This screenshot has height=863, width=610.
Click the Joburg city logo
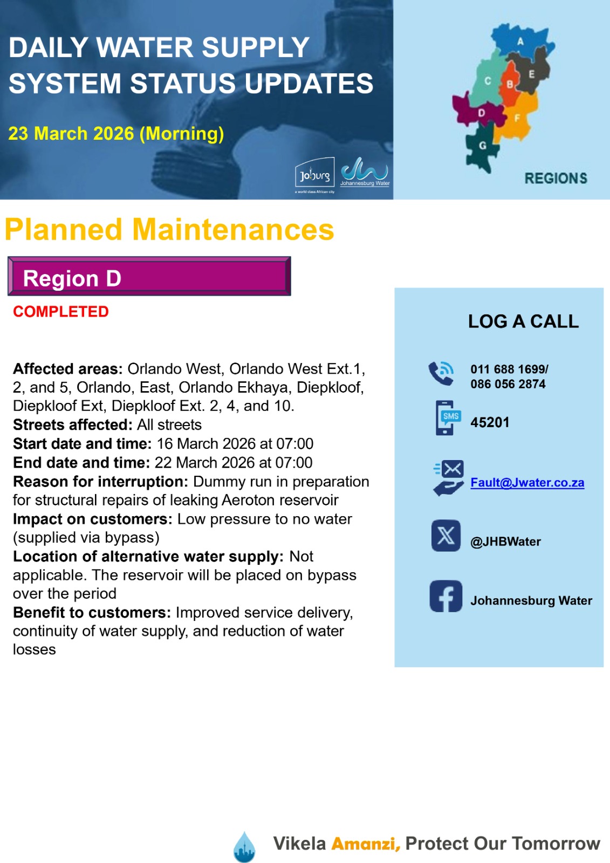(315, 174)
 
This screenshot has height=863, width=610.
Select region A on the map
(519, 41)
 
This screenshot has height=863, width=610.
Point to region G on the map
(482, 146)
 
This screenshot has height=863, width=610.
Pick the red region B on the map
(509, 85)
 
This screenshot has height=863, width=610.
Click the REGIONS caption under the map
(556, 179)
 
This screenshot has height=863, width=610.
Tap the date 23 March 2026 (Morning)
(116, 133)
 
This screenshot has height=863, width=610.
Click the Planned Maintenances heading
(169, 229)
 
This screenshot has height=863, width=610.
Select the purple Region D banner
(149, 276)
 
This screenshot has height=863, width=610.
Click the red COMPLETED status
(61, 312)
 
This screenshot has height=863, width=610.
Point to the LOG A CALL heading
(523, 321)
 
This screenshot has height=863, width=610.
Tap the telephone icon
(441, 373)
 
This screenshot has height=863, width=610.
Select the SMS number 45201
(490, 422)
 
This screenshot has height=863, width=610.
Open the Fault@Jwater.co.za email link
(527, 483)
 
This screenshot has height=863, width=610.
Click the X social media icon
(446, 536)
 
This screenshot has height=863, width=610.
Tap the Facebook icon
(446, 596)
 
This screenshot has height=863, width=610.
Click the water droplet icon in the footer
(244, 847)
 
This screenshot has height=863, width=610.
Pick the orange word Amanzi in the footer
(365, 844)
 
